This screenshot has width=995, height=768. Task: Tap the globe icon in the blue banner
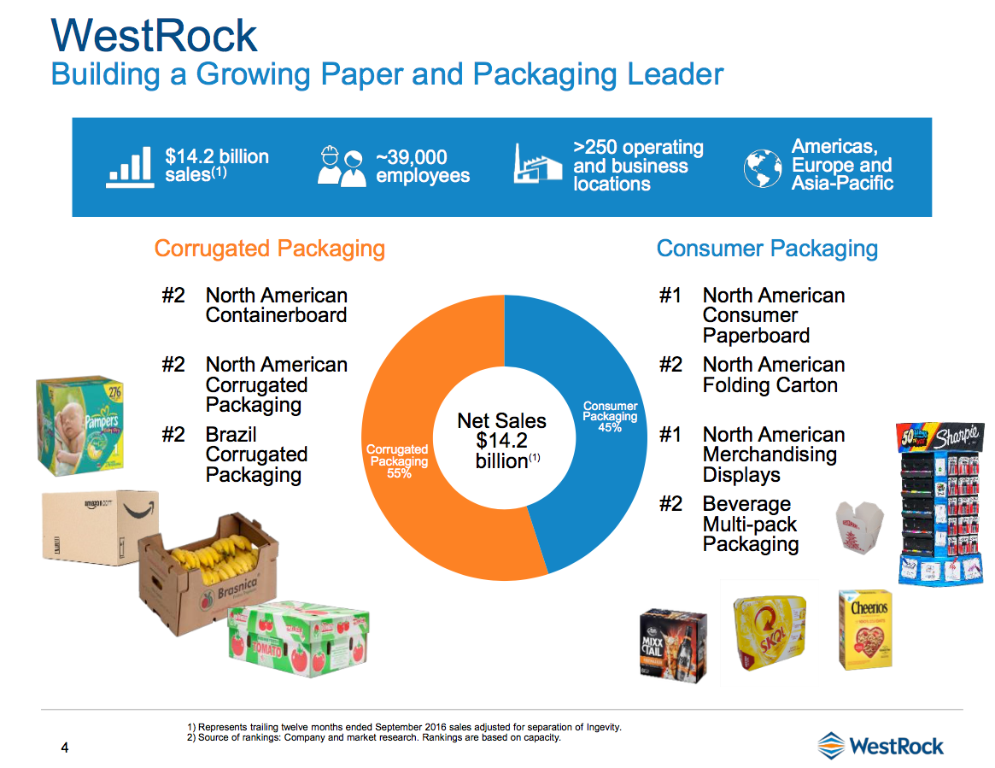tap(762, 167)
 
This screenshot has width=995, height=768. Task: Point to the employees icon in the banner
tap(342, 167)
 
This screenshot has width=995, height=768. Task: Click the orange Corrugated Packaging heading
tap(269, 249)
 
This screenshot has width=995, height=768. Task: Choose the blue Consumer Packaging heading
tap(767, 249)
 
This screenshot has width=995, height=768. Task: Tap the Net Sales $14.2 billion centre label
tap(502, 441)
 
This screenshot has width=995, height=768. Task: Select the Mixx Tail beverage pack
tap(673, 642)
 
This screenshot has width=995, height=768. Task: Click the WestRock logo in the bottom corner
tap(881, 745)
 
